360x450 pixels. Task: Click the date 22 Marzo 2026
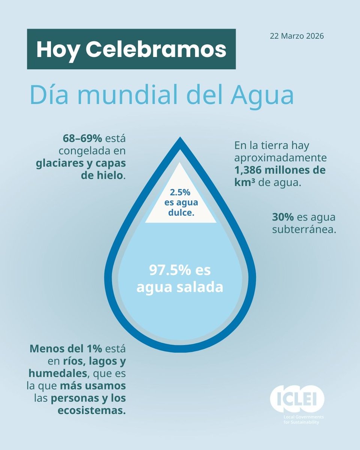point(296,37)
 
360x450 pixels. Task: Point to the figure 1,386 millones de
point(280,170)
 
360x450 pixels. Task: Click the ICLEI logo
point(297,398)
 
